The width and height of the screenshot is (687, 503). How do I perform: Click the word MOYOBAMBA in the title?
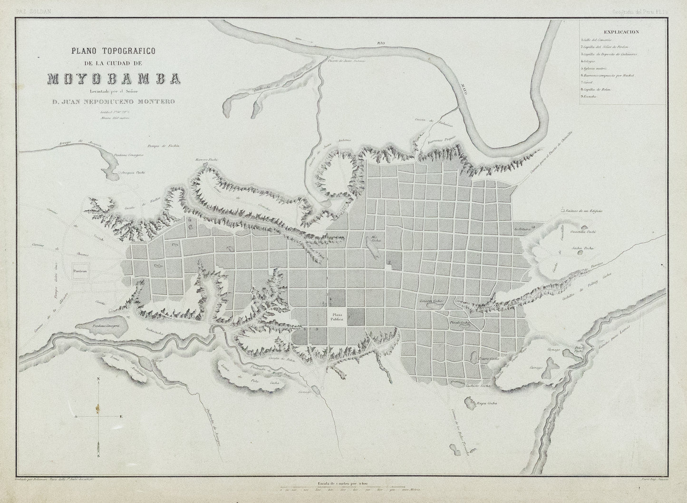pos(113,79)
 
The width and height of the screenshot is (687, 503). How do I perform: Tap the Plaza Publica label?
pos(337,317)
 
